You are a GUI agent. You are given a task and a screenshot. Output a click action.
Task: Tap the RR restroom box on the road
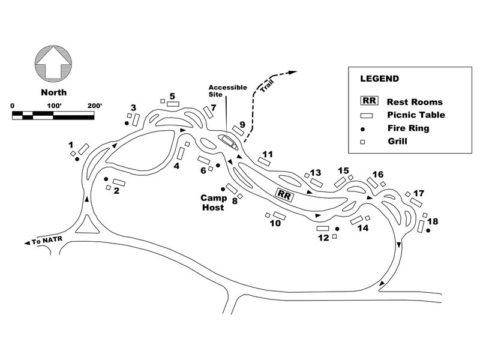point(284,194)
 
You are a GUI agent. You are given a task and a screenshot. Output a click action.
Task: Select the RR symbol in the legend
point(367,102)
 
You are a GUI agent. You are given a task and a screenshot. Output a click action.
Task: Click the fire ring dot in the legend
point(362,128)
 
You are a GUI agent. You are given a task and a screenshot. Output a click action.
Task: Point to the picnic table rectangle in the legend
point(367,116)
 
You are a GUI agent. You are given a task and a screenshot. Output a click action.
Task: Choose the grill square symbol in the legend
point(362,142)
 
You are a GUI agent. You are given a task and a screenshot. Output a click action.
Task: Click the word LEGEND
point(379,79)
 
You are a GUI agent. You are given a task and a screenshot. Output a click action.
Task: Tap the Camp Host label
point(212,202)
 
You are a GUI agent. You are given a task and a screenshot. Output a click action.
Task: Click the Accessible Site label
point(227,91)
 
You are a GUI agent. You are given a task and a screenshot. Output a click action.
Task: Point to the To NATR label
point(46,241)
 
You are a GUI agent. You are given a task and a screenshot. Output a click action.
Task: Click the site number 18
point(432,221)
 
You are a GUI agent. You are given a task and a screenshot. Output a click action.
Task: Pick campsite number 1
point(71,145)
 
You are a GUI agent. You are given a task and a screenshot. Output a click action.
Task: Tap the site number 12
point(323,238)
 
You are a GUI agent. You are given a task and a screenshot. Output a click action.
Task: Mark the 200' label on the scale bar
point(94,106)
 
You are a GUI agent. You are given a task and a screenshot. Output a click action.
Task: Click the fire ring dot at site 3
point(127,124)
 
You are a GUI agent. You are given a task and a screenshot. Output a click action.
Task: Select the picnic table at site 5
point(173,104)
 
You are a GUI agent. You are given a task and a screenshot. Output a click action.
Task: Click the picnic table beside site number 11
point(263,161)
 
